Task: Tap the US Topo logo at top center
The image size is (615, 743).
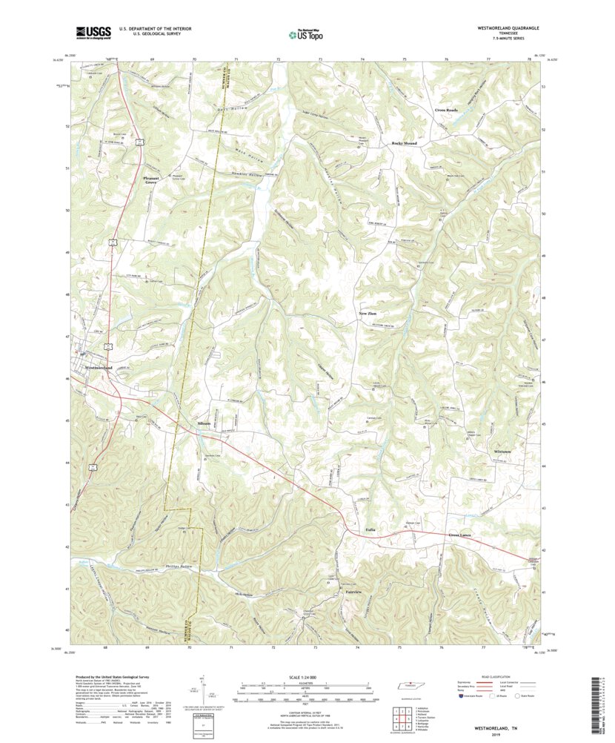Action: click(307, 33)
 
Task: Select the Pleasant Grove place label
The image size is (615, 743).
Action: click(150, 179)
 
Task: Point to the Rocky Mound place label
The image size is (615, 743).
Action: click(404, 143)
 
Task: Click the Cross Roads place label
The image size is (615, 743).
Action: click(446, 110)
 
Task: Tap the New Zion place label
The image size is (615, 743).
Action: click(368, 314)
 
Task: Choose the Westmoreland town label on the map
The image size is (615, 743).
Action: click(99, 368)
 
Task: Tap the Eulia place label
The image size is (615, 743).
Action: click(370, 530)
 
